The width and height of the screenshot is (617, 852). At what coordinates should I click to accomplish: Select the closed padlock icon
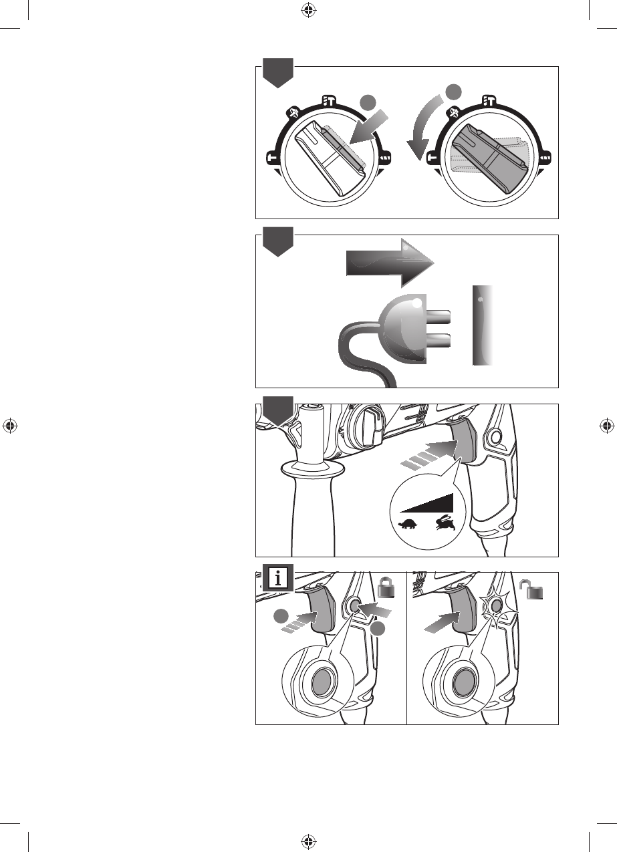click(387, 589)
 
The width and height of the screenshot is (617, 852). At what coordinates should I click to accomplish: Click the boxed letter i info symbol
click(277, 577)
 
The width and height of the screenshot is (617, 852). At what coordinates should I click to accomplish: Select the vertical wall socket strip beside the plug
click(482, 325)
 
